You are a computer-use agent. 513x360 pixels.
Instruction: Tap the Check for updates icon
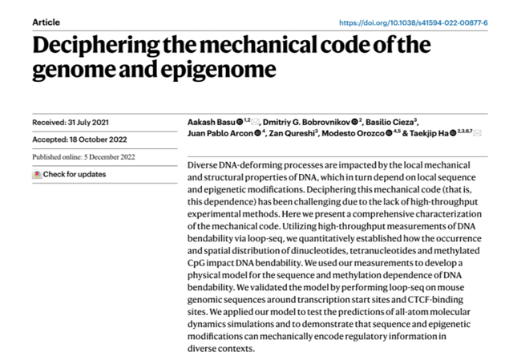(x=37, y=174)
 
